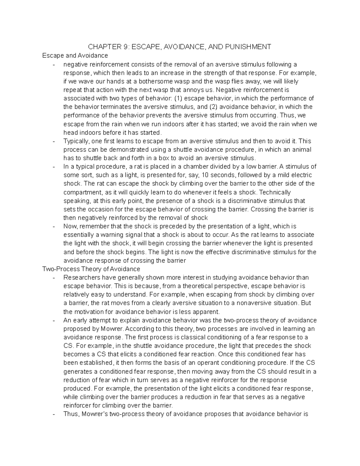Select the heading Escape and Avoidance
pyautogui.click(x=75, y=56)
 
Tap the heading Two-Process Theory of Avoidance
pyautogui.click(x=91, y=269)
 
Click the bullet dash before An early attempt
pyautogui.click(x=54, y=320)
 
